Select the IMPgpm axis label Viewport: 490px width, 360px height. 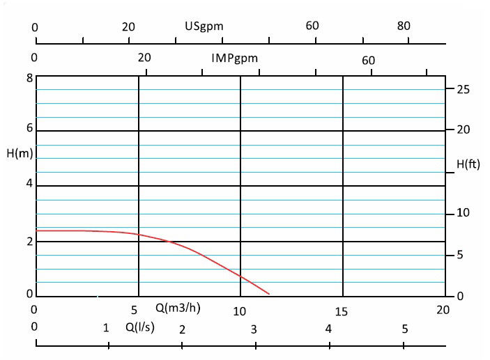[234, 58]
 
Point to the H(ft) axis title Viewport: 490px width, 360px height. [468, 164]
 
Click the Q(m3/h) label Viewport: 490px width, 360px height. [178, 308]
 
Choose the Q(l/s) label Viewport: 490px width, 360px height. [141, 325]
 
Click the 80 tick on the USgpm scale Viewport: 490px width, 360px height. [404, 26]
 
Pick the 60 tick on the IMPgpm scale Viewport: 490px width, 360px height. [368, 61]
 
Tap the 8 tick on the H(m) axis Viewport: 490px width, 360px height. [29, 77]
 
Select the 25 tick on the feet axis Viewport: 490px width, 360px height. [464, 89]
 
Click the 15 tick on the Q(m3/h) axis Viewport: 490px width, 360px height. [342, 311]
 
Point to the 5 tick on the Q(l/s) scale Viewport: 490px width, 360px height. [404, 329]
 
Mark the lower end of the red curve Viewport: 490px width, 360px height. [269, 293]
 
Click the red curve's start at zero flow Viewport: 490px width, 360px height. [36, 230]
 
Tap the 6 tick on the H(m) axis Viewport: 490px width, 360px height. [29, 130]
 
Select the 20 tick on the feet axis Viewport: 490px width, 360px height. [464, 130]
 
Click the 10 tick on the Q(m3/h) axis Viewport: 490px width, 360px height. [240, 311]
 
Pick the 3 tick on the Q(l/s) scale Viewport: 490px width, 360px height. [254, 329]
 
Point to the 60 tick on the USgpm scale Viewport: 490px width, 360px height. [312, 26]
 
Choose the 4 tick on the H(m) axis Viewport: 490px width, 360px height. [29, 185]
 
